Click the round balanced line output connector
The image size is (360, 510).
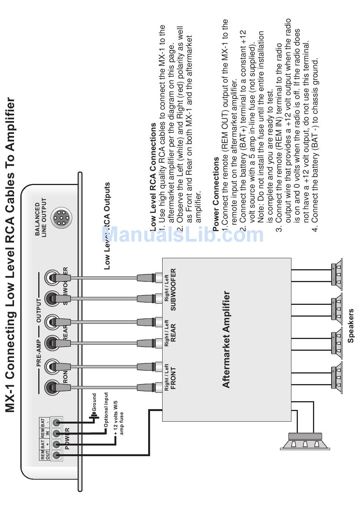[60, 218]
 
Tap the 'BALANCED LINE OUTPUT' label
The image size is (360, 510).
[41, 218]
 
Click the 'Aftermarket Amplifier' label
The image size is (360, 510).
[226, 339]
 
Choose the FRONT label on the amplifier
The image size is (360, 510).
[173, 378]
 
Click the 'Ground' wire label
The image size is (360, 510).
[94, 402]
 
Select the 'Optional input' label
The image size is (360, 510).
[106, 410]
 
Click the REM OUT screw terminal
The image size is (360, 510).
[57, 455]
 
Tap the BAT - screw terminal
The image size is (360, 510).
[57, 422]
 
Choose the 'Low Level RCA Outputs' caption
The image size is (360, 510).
[107, 226]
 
